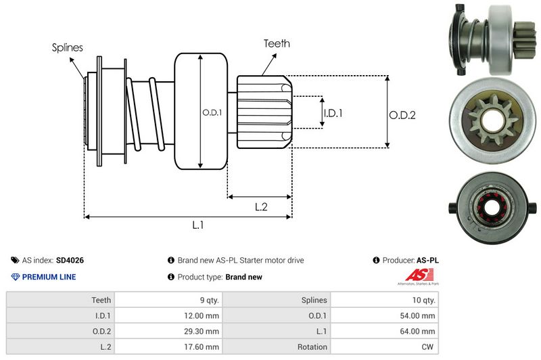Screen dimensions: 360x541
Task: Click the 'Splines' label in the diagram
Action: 67,47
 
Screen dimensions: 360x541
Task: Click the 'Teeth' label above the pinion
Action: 277,43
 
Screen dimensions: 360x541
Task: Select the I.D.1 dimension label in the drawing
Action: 333,113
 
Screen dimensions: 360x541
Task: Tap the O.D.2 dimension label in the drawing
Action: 402,115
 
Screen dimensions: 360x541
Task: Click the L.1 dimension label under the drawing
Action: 198,226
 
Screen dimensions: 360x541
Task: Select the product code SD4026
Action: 70,260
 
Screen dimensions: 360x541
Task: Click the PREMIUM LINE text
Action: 49,277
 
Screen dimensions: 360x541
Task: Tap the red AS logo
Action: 415,275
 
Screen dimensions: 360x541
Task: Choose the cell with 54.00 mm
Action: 419,315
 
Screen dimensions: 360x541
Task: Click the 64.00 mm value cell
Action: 419,331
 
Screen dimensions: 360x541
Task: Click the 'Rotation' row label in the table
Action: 311,346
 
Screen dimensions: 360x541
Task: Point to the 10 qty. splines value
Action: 422,300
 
